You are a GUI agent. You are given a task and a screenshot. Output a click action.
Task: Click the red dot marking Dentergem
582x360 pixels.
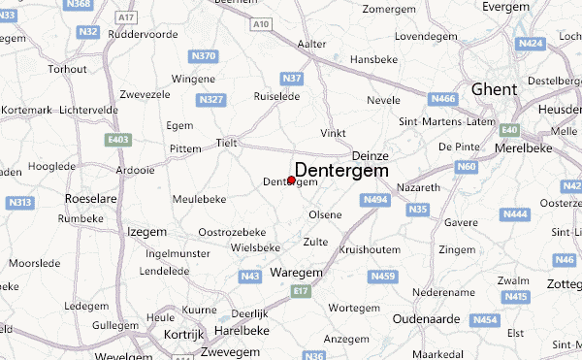(x=291, y=180)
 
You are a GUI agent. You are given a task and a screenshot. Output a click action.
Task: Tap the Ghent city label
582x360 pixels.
(x=493, y=89)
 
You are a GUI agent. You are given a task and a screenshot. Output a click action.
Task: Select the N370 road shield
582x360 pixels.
(x=204, y=55)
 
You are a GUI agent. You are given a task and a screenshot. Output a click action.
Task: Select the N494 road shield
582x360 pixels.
(x=376, y=200)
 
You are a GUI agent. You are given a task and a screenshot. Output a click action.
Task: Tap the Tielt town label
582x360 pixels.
(x=226, y=142)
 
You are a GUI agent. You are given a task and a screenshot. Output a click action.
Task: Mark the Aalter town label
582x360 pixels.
(x=311, y=44)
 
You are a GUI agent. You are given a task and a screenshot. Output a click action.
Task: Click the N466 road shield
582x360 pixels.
(x=443, y=97)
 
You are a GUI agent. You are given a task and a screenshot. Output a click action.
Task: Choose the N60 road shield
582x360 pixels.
(x=467, y=168)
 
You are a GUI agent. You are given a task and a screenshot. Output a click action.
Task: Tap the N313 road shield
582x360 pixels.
(x=19, y=203)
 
